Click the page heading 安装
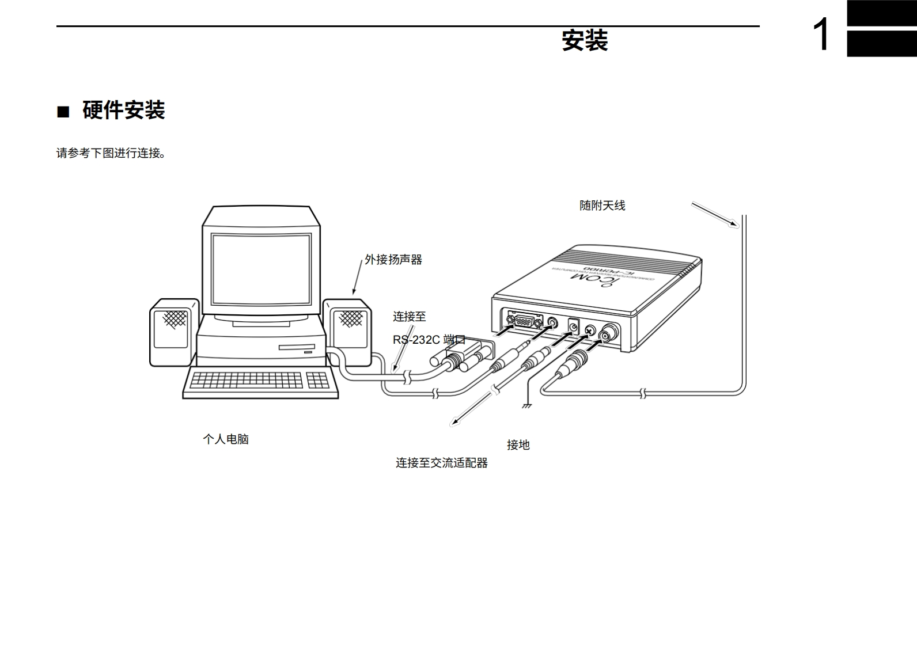(585, 41)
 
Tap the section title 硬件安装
(123, 110)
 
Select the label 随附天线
(602, 206)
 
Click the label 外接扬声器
(393, 260)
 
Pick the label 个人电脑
(226, 439)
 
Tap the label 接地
(518, 445)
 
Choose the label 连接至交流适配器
(441, 463)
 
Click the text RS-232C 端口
(429, 340)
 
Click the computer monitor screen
(260, 269)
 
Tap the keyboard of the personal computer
(260, 381)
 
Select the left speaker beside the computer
(174, 332)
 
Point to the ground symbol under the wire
(526, 406)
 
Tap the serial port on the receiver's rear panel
(525, 318)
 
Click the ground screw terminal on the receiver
(589, 330)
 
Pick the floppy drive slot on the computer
(297, 347)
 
